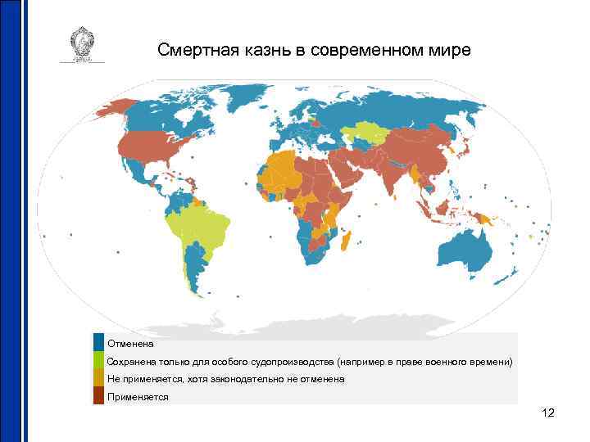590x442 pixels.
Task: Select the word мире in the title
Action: [x=453, y=51]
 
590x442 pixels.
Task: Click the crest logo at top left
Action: [x=82, y=45]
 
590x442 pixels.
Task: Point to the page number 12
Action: [x=548, y=413]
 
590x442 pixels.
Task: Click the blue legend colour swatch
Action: [x=98, y=342]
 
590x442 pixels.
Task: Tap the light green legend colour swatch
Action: [x=98, y=360]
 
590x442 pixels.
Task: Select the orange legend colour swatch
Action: [x=98, y=378]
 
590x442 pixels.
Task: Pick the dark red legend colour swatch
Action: [x=98, y=396]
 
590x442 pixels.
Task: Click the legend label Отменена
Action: [x=131, y=344]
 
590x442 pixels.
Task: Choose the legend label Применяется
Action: [x=138, y=397]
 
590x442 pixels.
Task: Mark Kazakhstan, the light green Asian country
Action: [x=365, y=133]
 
